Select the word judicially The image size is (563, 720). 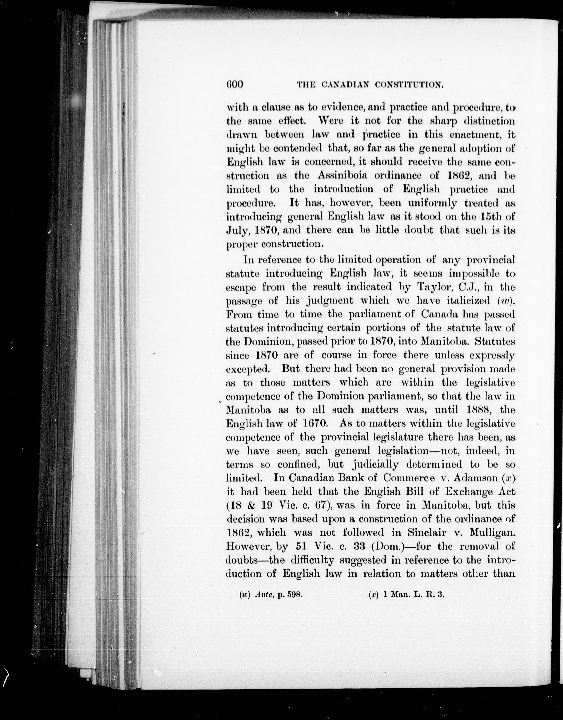pos(375,464)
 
